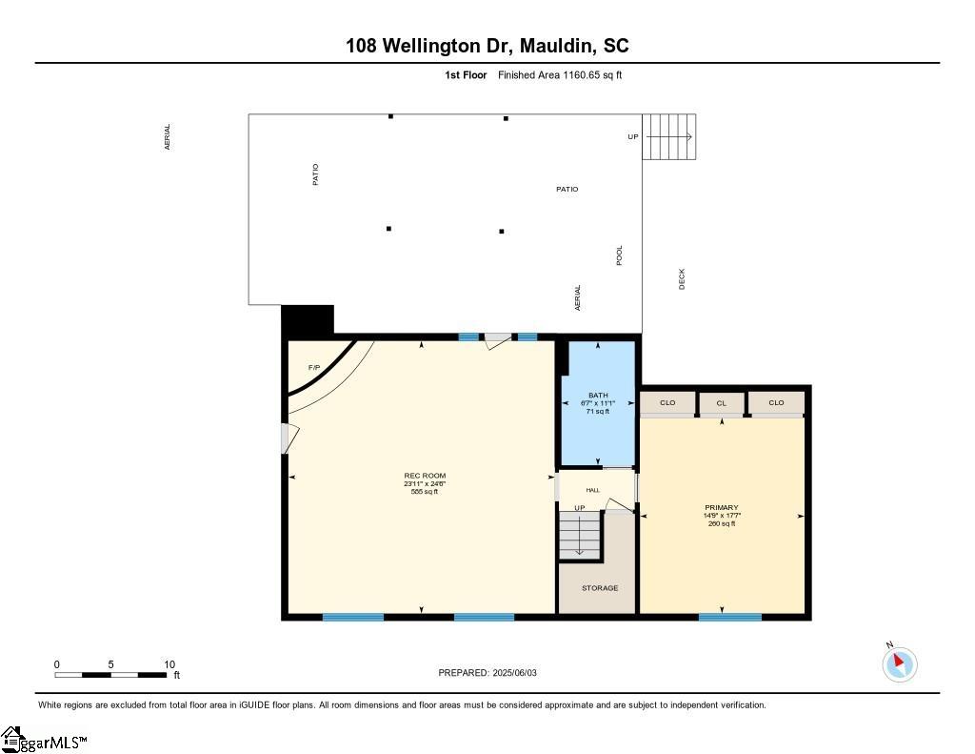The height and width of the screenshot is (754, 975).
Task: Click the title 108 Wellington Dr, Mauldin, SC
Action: pyautogui.click(x=487, y=46)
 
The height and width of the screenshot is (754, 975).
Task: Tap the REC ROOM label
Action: pyautogui.click(x=425, y=476)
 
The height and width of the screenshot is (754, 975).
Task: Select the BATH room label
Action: pyautogui.click(x=598, y=395)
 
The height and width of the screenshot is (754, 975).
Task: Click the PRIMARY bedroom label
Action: pyautogui.click(x=721, y=507)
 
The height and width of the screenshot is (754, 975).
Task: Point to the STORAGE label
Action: pyautogui.click(x=600, y=588)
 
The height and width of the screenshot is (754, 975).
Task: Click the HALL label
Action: pyautogui.click(x=593, y=490)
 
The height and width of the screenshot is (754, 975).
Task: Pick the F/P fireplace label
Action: pyautogui.click(x=313, y=368)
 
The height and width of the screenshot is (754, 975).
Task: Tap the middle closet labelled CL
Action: pyautogui.click(x=722, y=403)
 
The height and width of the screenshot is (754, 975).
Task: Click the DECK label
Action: pyautogui.click(x=682, y=278)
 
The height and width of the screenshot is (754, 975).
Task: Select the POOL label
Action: pyautogui.click(x=620, y=255)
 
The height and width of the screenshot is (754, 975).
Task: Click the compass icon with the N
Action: pyautogui.click(x=900, y=663)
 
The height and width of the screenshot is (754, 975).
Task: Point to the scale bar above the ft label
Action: pyautogui.click(x=112, y=675)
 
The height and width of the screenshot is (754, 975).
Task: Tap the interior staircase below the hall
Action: pyautogui.click(x=580, y=536)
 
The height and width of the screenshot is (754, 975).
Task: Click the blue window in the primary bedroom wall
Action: pyautogui.click(x=729, y=617)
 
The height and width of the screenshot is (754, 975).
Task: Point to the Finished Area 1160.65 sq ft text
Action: pyautogui.click(x=560, y=75)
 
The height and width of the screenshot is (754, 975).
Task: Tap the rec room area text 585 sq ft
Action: pyautogui.click(x=425, y=492)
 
